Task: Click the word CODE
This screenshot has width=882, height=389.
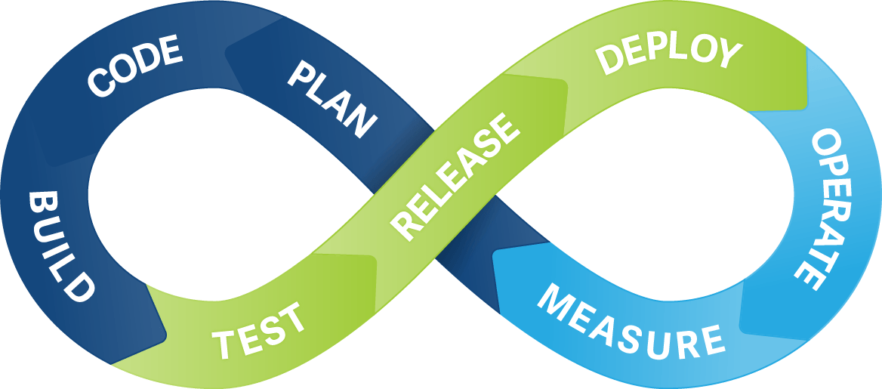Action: click(x=135, y=66)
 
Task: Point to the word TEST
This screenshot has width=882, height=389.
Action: click(x=259, y=331)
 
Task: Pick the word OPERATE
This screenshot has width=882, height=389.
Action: click(x=816, y=209)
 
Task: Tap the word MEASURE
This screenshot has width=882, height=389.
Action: click(x=631, y=322)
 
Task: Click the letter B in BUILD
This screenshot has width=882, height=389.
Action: click(x=41, y=202)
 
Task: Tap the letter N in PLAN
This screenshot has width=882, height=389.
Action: click(x=363, y=123)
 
